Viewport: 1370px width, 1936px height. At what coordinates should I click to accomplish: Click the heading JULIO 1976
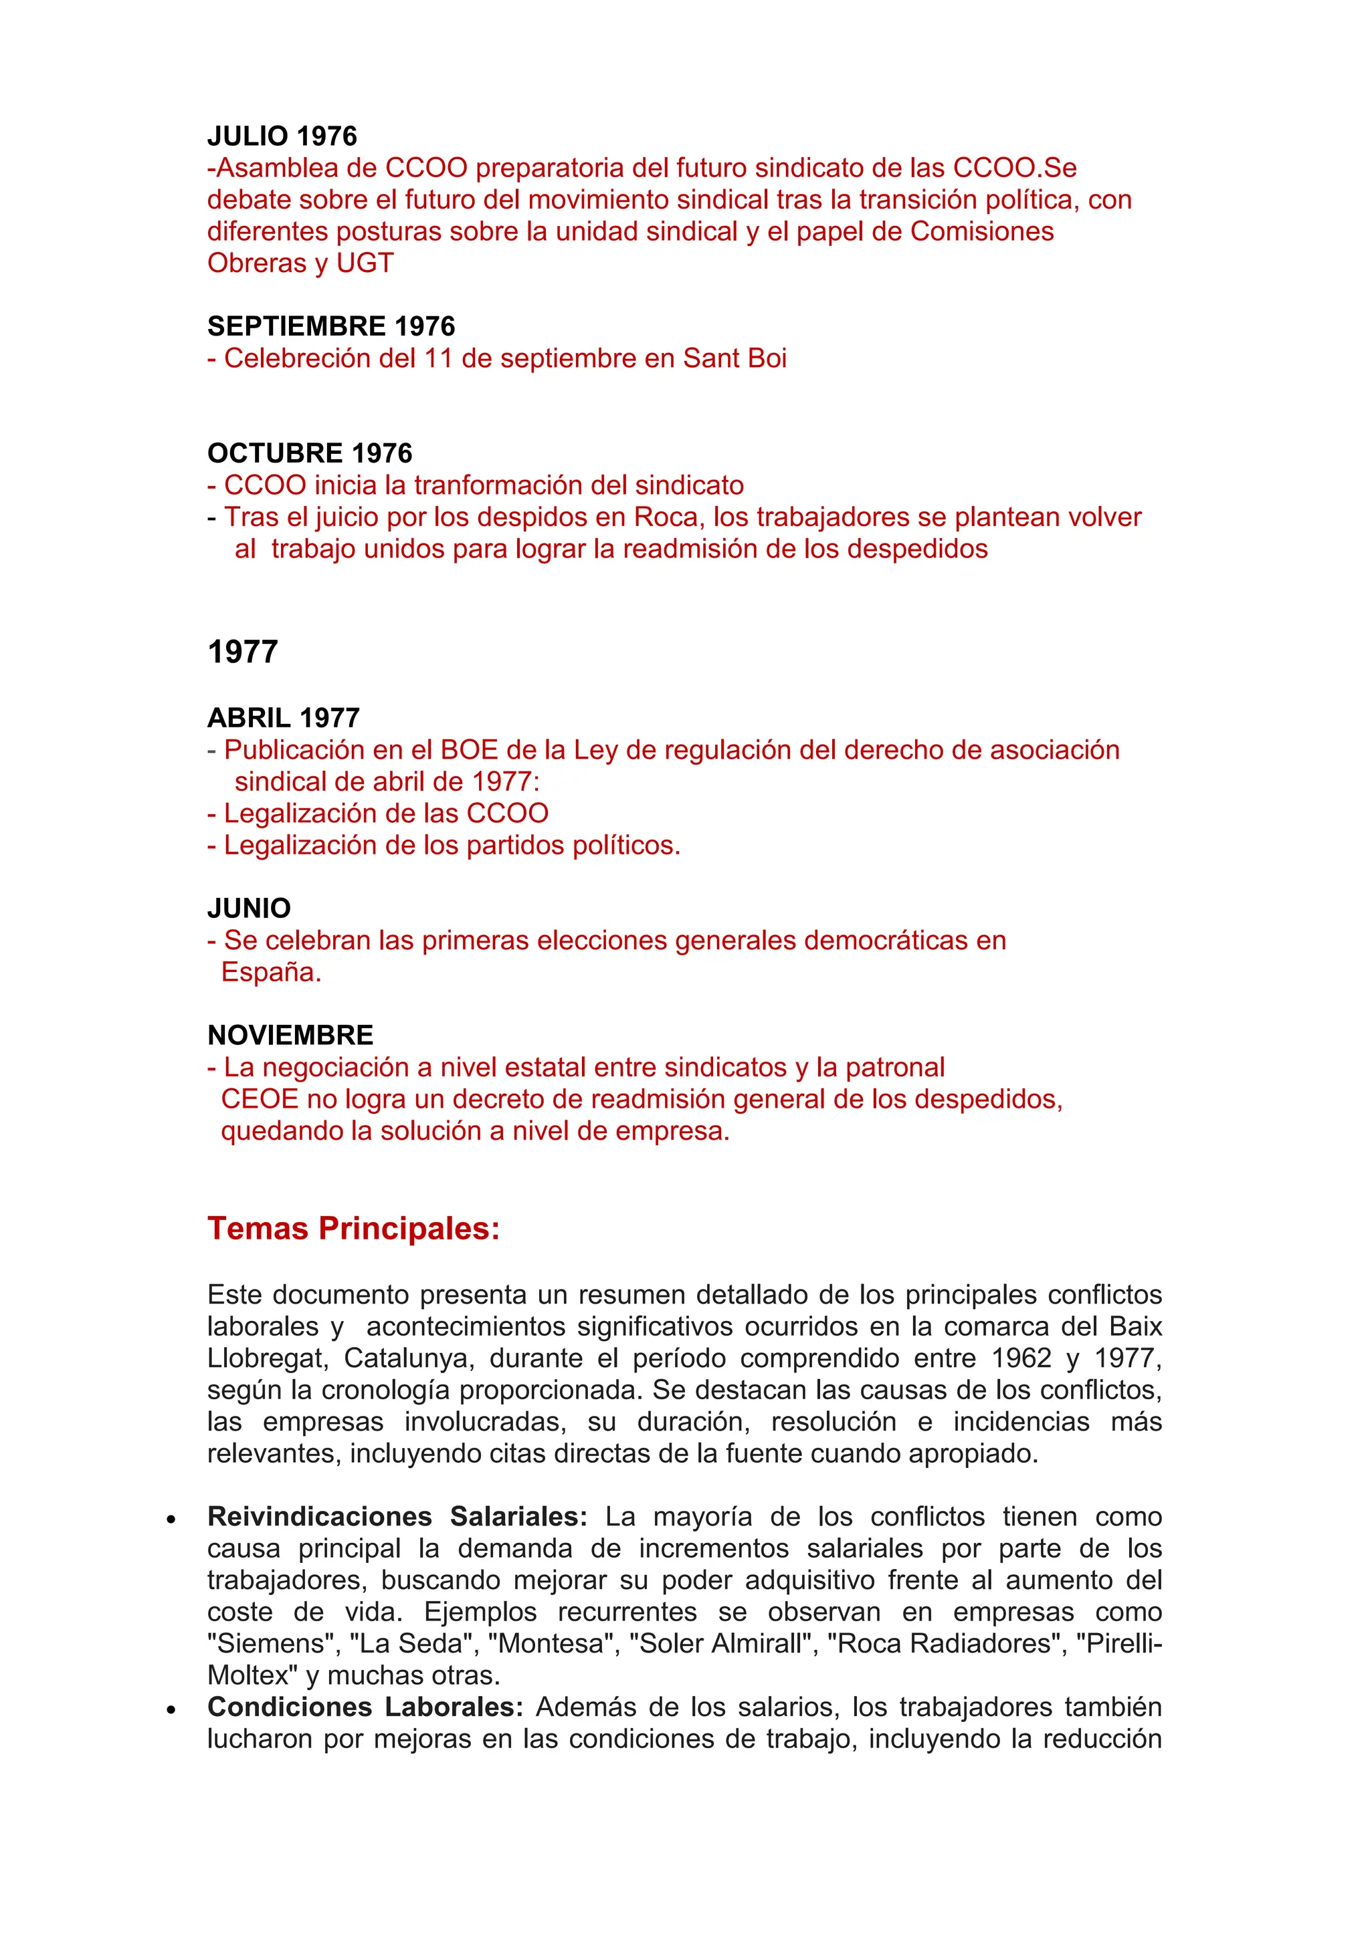282,136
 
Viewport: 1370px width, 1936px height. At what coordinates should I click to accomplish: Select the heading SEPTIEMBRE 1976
330,326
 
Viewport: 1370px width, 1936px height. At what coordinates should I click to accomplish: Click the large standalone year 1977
242,651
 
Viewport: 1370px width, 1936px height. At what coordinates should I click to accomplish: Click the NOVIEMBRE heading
290,1035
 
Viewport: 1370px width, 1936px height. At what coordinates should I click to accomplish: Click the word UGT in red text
365,263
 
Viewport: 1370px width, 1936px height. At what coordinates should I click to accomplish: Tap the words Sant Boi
734,358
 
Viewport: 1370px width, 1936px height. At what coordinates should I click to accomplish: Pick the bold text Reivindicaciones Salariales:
397,1516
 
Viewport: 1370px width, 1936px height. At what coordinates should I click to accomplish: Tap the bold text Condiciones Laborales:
365,1707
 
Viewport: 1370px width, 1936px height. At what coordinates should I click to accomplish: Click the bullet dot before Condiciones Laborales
171,1709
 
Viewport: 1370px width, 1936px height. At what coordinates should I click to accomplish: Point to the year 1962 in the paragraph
1021,1358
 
